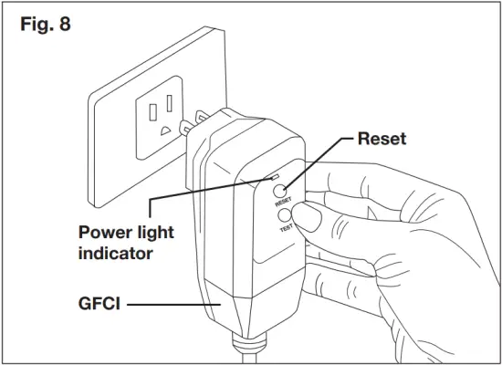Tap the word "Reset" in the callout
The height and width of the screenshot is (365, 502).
pyautogui.click(x=382, y=140)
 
